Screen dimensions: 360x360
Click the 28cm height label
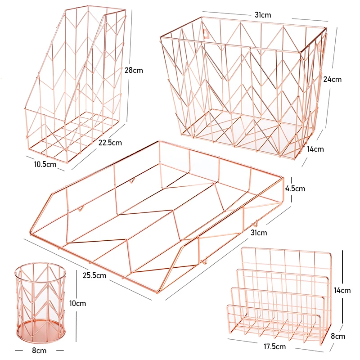(x=133, y=71)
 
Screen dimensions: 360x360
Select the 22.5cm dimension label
(x=110, y=143)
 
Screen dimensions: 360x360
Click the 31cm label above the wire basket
(x=263, y=15)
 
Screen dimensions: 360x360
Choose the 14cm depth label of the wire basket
(x=315, y=149)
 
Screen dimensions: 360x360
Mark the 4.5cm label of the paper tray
(x=295, y=189)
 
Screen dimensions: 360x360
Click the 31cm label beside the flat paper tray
(x=259, y=233)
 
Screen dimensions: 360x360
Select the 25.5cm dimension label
(x=94, y=275)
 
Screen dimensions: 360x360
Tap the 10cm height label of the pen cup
(x=78, y=303)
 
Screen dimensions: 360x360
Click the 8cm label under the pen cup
(x=39, y=350)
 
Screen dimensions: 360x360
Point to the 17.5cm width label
(x=274, y=346)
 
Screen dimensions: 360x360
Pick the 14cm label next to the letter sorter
(x=342, y=290)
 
